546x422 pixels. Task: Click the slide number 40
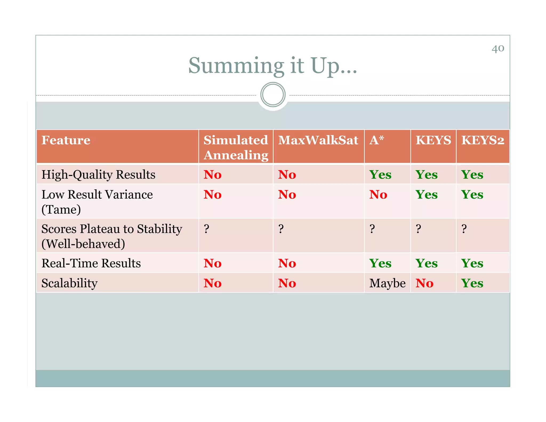[x=498, y=49]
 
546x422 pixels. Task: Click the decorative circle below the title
[x=273, y=95]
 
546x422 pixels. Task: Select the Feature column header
[x=66, y=140]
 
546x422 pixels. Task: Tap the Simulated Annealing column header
[x=236, y=147]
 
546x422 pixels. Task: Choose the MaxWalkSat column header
[x=318, y=140]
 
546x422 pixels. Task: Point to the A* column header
[x=376, y=140]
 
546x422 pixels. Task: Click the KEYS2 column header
[x=483, y=140]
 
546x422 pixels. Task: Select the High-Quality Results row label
[x=98, y=175]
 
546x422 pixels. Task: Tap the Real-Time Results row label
[x=91, y=263]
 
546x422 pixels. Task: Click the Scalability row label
[x=70, y=283]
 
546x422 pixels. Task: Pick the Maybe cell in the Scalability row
[x=387, y=283]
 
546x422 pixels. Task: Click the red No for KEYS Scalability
[x=424, y=283]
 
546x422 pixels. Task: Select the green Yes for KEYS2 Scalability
[x=472, y=283]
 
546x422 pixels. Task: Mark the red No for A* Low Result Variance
[x=378, y=195]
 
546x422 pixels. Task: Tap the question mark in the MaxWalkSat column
[x=281, y=229]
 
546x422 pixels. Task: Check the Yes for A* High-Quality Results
[x=380, y=175]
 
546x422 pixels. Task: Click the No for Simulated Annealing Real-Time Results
[x=212, y=264]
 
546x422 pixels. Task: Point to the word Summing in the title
[x=236, y=66]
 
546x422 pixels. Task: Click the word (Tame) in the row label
[x=61, y=210]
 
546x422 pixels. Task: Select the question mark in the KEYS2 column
[x=464, y=229]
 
